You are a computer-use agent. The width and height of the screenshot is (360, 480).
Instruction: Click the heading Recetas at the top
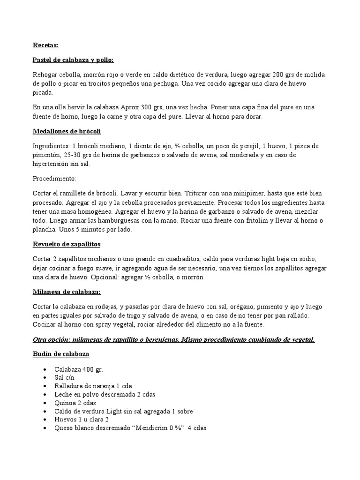tap(45, 45)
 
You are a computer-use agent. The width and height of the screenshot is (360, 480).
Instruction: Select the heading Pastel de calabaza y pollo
tap(73, 60)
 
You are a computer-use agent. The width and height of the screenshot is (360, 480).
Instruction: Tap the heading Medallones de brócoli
tap(67, 131)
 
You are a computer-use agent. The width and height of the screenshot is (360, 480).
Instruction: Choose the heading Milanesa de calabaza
tap(67, 292)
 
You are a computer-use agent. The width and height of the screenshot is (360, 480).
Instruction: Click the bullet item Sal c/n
tap(64, 377)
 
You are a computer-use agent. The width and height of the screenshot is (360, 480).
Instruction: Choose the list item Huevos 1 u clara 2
tap(85, 420)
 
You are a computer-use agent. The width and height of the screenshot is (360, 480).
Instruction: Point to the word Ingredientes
tap(52, 146)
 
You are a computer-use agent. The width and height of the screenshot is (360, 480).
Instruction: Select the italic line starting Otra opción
tap(173, 339)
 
